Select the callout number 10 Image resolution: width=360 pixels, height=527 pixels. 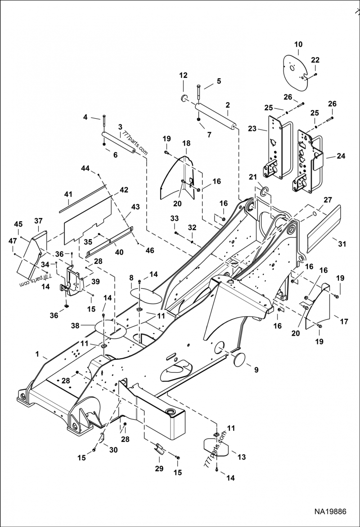[298, 45]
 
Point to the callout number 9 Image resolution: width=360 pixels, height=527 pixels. [256, 371]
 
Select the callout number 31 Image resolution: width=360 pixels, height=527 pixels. [342, 244]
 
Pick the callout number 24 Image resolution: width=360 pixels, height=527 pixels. [341, 156]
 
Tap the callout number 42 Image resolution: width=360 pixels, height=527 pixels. [123, 190]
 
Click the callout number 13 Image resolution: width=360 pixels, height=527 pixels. [242, 457]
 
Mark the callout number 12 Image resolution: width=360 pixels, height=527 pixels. [183, 75]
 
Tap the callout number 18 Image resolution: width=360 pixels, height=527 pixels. [186, 143]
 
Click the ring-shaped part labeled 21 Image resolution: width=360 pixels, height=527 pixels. [263, 192]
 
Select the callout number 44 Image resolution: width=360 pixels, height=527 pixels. [85, 168]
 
